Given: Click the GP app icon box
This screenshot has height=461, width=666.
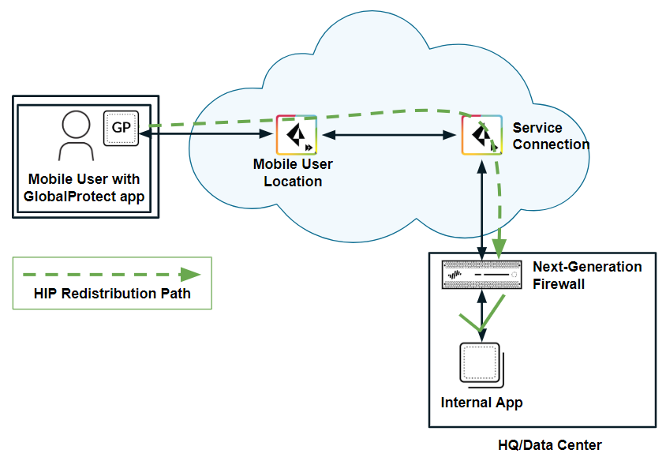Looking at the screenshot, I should click(121, 128).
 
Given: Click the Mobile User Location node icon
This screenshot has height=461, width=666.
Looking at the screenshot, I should click(296, 134).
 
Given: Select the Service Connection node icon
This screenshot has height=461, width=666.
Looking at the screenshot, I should click(481, 134).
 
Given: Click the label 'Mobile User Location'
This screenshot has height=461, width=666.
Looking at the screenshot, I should click(293, 173).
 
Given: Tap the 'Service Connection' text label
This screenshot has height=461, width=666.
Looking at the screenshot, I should click(550, 136).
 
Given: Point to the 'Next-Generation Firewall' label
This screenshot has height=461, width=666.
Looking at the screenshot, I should click(587, 275).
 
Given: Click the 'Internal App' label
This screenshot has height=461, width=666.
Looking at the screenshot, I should click(481, 403).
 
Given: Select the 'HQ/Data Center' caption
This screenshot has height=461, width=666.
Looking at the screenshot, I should click(550, 445).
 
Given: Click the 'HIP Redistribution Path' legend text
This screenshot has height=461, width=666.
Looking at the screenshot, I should click(113, 294).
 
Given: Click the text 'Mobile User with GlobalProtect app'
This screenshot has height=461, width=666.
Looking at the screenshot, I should click(84, 189).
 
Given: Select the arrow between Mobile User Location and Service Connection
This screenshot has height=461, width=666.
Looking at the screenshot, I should click(389, 135).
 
